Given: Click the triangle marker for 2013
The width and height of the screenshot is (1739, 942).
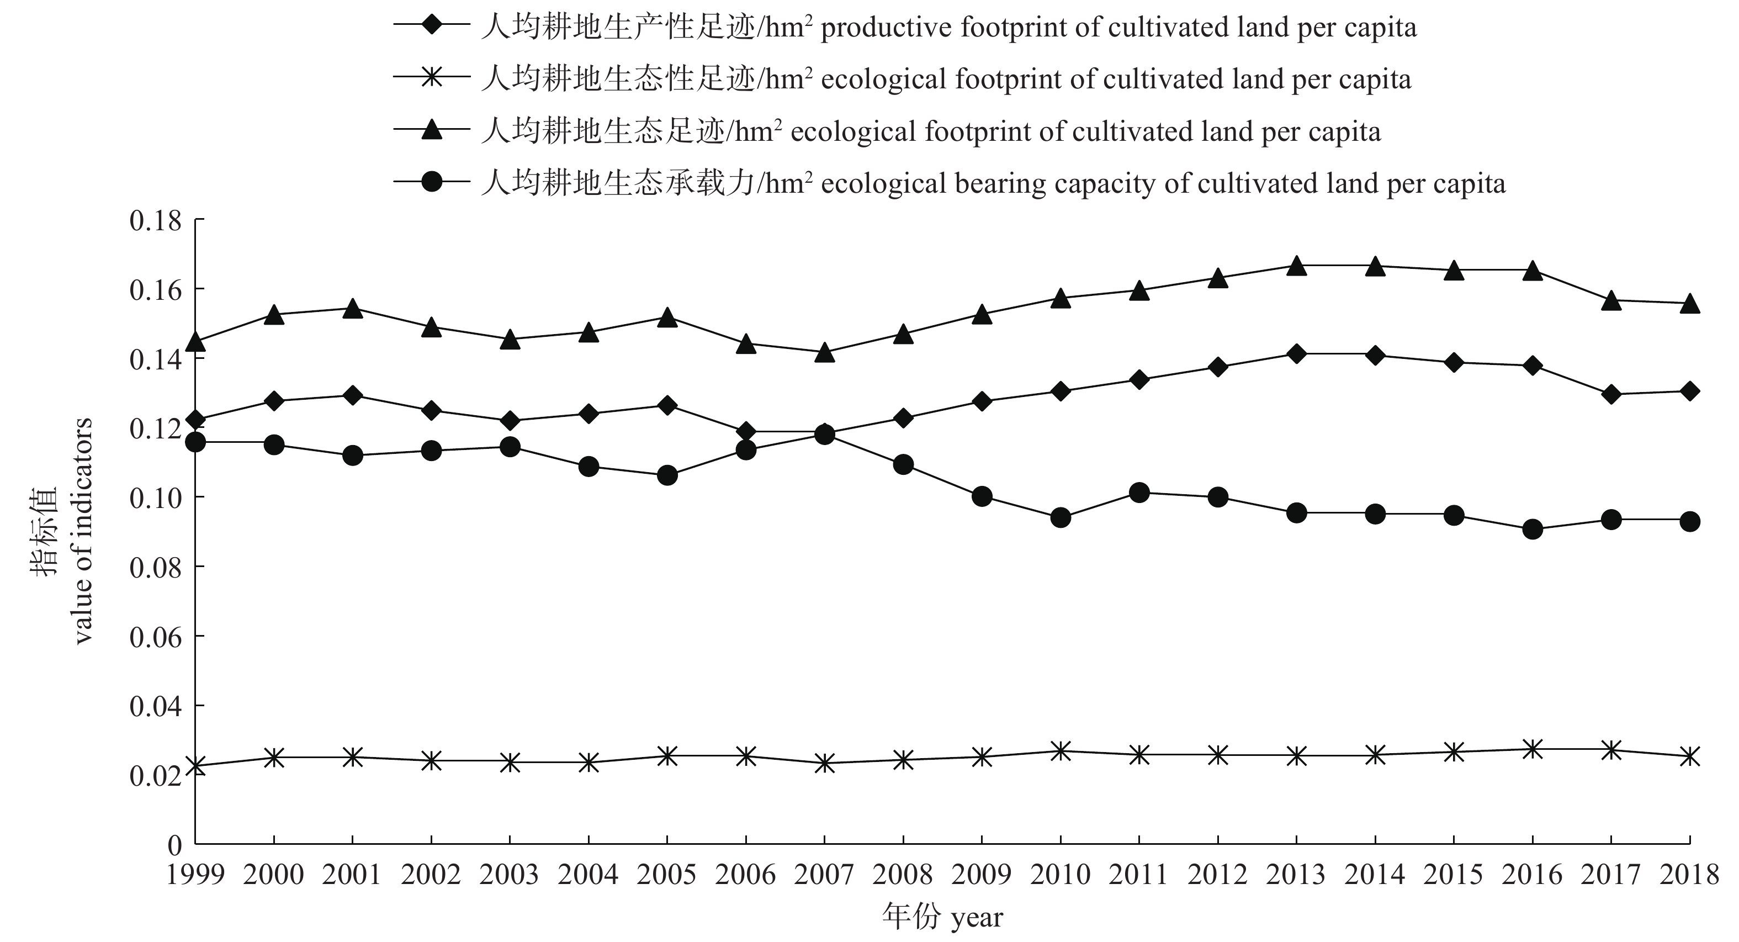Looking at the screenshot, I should pos(1296,267).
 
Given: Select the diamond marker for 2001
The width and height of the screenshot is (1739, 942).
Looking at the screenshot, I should pos(352,395).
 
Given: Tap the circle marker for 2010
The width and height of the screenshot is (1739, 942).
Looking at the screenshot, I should pos(1061,518).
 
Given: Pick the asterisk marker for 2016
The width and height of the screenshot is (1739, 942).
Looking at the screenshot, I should pos(1533,749).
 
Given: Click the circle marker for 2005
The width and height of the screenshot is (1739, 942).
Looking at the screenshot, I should pos(667,475).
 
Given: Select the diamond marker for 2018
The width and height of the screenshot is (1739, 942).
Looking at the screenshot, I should pos(1690,391).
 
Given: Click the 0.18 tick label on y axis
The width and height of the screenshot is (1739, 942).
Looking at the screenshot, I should pos(156,221).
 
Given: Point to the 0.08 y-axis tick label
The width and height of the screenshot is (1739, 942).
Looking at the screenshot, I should pos(156,567).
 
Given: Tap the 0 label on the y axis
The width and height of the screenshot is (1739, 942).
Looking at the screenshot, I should pos(175,845).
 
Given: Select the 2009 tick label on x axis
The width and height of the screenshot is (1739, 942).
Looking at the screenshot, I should pos(982,875).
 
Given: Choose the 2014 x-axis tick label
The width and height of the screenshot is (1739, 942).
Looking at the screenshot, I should pos(1375,875).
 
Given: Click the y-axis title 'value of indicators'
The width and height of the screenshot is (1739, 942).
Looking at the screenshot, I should pos(82,531).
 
